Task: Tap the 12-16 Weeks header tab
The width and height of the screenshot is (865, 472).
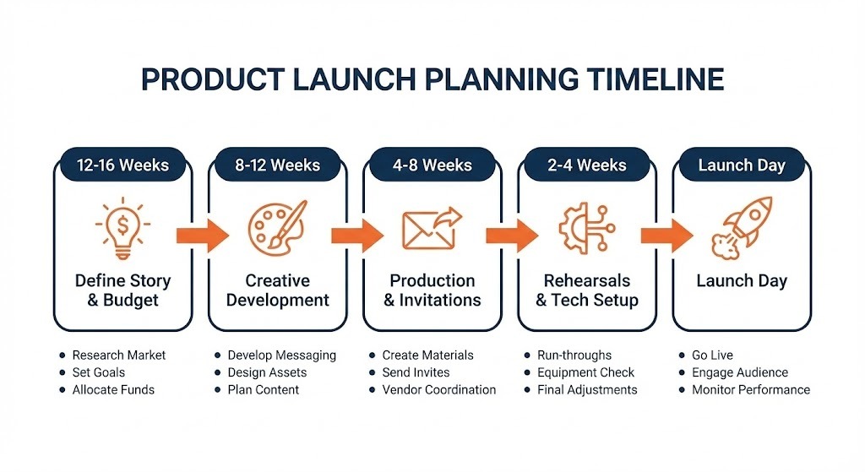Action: coord(122,165)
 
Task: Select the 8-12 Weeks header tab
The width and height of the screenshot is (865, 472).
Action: coord(277,165)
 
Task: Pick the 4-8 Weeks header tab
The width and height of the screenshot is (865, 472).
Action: coord(432,165)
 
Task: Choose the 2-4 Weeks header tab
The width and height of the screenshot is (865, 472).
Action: coord(587,165)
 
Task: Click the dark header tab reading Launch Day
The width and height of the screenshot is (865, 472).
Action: coord(742,165)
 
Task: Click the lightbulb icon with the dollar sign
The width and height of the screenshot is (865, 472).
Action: coord(122,227)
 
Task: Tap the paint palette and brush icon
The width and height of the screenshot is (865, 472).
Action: coord(277,227)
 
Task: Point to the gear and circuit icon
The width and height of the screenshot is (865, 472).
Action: coord(586,227)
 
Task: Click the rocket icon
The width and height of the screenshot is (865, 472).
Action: coord(743,227)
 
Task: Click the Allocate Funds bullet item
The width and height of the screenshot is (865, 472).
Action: coord(113,389)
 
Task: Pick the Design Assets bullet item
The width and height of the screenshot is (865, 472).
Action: coord(267,372)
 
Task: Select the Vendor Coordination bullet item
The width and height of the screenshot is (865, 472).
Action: coord(438,389)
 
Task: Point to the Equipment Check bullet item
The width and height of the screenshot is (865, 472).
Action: coord(586,372)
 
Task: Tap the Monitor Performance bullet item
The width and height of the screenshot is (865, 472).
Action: coord(750,389)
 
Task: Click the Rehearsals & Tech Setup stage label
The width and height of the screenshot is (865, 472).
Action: coord(587,290)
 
